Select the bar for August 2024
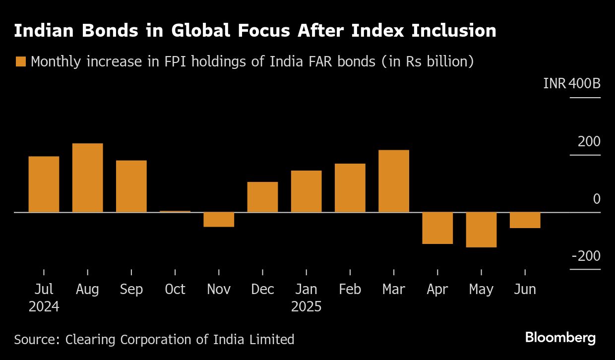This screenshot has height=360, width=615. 87,178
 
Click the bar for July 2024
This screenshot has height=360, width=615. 44,184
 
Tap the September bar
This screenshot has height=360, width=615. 131,186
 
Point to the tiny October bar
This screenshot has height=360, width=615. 175,211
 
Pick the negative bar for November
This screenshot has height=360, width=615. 219,219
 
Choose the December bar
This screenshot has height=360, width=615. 262,197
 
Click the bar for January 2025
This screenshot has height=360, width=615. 306,191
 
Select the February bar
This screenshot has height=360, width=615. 350,187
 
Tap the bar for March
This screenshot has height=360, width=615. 394,181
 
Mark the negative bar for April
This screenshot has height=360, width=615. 437,228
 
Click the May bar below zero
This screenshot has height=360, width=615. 481,230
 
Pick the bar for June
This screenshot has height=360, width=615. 525,220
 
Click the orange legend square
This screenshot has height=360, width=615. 20,62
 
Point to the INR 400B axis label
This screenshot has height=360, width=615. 572,83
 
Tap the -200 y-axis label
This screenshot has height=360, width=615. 586,256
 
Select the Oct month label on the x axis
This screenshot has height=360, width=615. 175,289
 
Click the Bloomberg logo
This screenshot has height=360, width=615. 560,338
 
